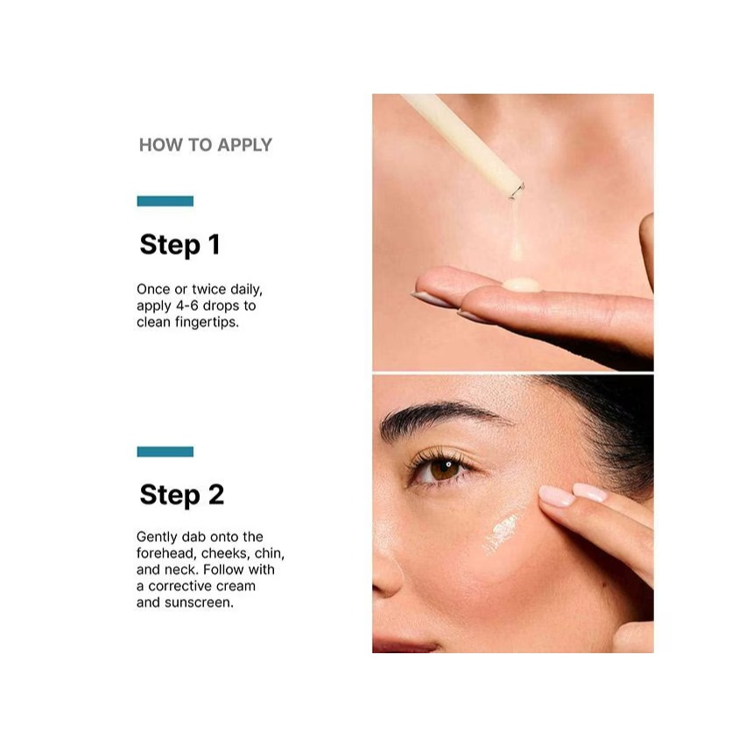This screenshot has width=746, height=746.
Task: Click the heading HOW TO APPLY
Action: click(206, 144)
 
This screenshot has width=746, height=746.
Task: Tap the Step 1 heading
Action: click(179, 244)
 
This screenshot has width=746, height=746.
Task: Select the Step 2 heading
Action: click(182, 495)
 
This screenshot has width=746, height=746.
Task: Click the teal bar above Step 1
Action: click(165, 201)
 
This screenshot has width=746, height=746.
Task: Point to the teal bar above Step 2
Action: click(165, 452)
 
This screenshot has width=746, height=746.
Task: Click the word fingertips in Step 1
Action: click(207, 322)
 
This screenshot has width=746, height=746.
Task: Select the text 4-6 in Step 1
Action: click(187, 306)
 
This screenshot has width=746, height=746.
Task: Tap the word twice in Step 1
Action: click(209, 289)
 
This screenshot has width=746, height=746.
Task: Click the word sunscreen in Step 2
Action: click(199, 602)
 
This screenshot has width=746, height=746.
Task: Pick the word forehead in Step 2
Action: click(166, 553)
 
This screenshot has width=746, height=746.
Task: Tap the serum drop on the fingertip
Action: click(522, 285)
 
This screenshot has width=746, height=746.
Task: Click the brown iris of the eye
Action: click(445, 468)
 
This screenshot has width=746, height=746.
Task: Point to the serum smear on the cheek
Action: click(501, 534)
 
